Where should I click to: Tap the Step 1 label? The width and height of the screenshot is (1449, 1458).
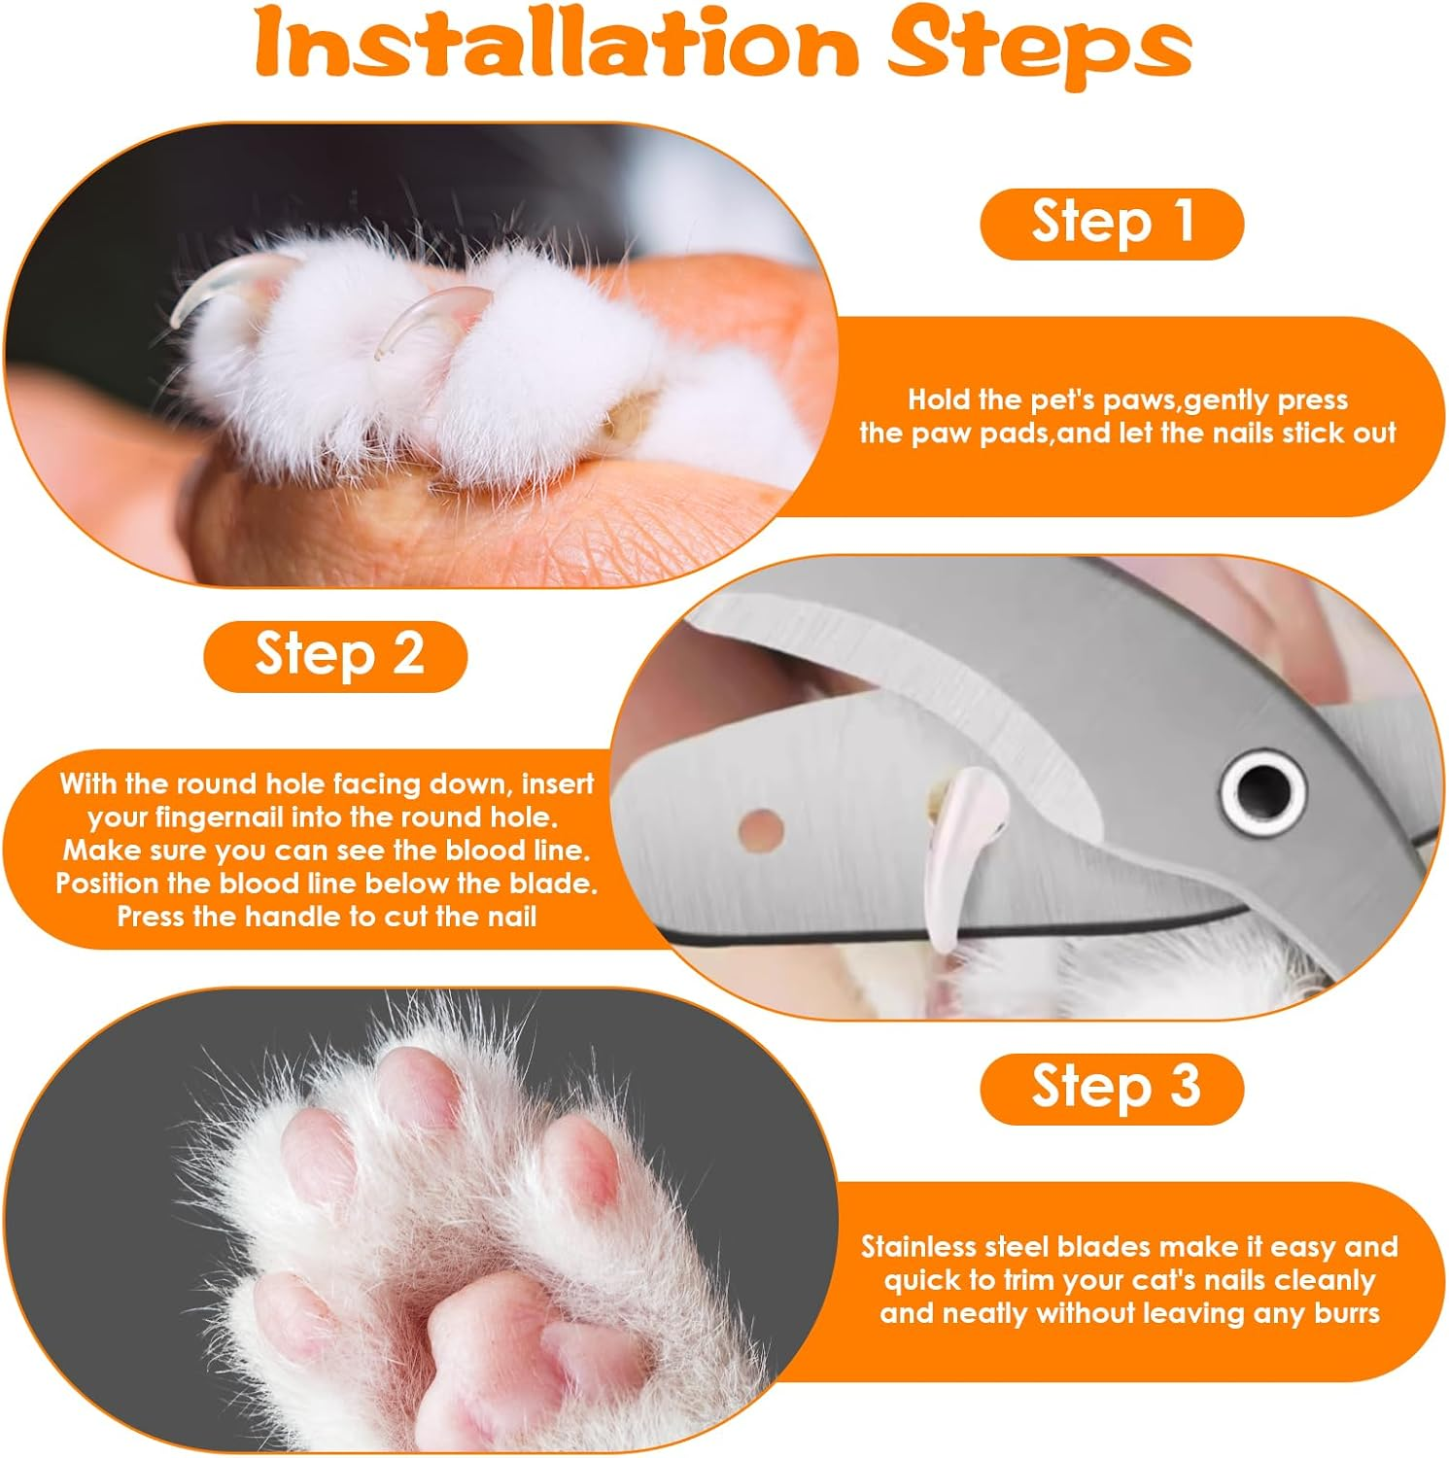click(x=1112, y=224)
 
